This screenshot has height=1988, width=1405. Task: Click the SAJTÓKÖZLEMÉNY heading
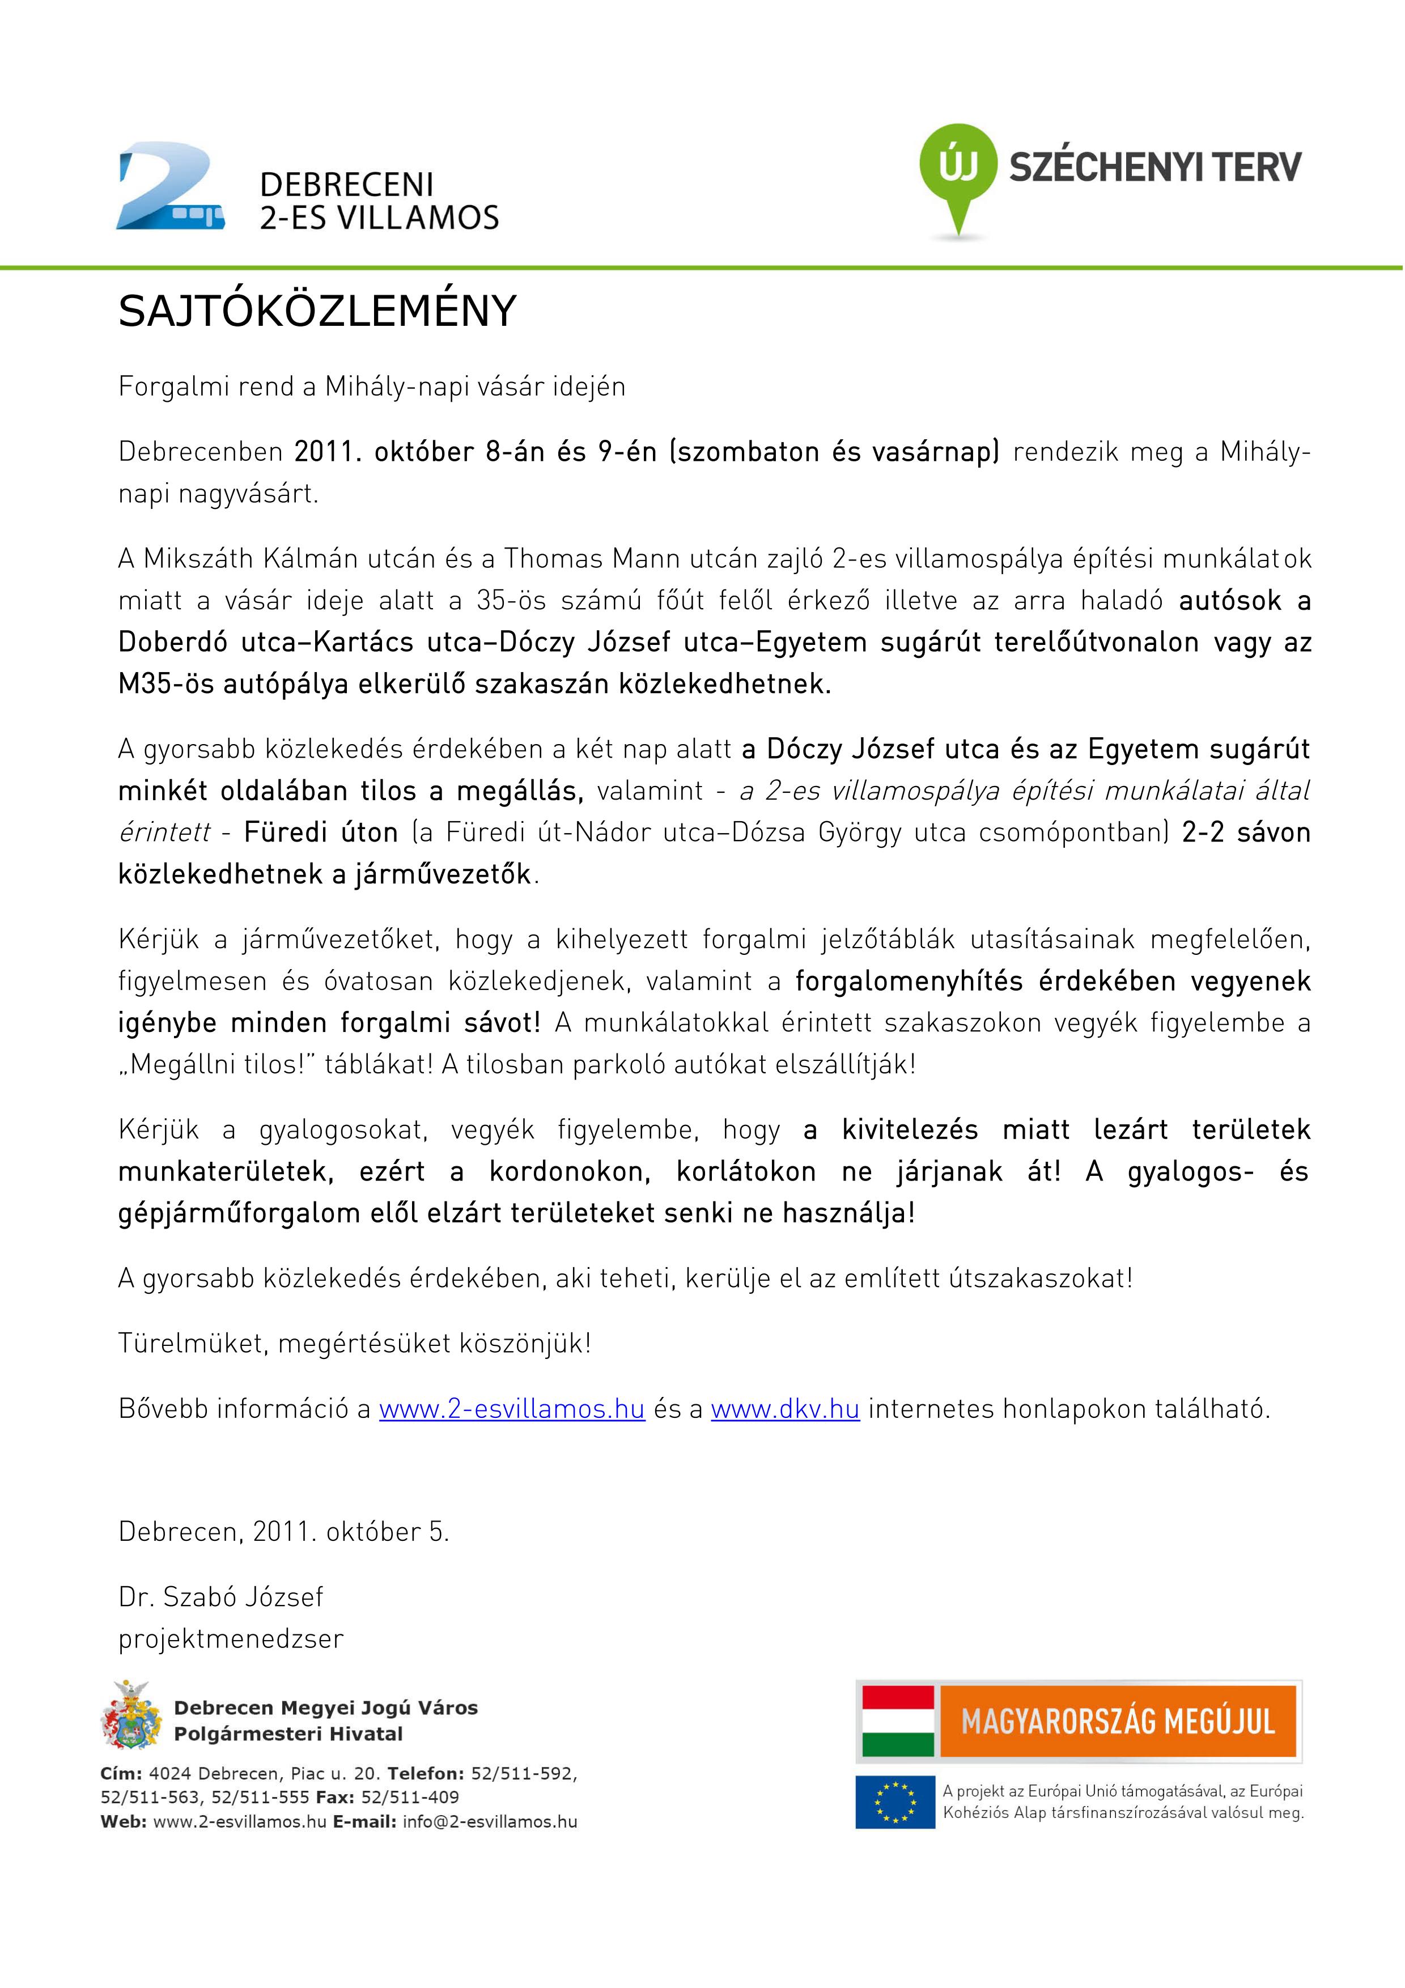click(317, 312)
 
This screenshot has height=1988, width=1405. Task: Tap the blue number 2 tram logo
click(171, 189)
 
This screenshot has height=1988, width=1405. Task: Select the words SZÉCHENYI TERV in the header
click(1155, 165)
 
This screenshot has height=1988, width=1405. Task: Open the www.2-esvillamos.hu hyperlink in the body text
click(512, 1409)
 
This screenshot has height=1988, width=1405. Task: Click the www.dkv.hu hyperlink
click(784, 1409)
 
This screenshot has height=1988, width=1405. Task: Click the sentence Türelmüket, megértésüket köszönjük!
click(355, 1344)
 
